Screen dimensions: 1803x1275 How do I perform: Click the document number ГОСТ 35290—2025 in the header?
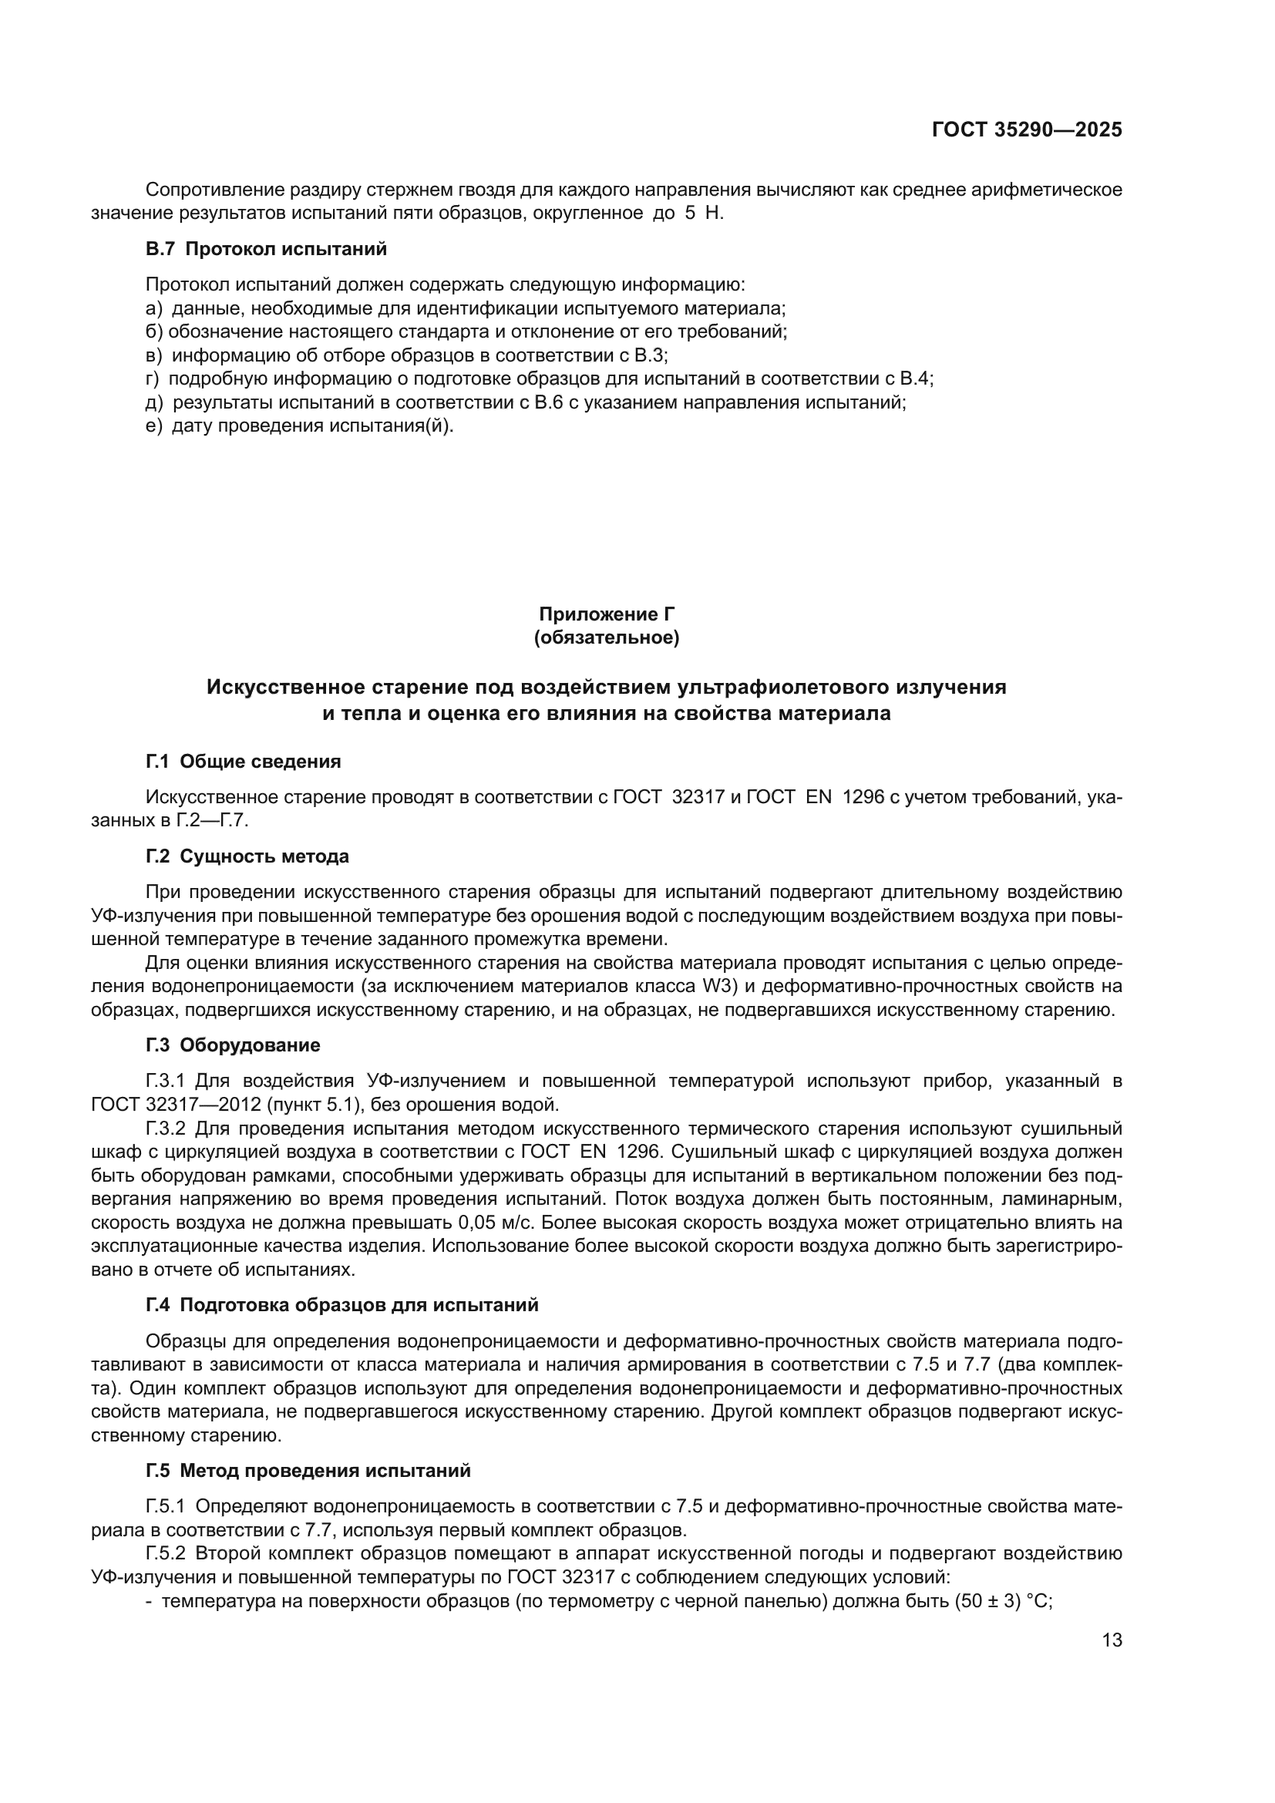(x=1027, y=130)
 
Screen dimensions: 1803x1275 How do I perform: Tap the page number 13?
(x=1112, y=1640)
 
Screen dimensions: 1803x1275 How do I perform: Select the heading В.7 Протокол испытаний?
(x=266, y=249)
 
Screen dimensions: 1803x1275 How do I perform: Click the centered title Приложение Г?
(x=606, y=614)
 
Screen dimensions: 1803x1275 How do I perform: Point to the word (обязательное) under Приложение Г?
(x=606, y=637)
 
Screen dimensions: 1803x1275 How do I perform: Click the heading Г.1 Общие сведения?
(x=244, y=761)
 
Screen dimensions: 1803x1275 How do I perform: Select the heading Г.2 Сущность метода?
(x=247, y=856)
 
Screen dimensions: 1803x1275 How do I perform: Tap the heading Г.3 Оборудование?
(x=233, y=1045)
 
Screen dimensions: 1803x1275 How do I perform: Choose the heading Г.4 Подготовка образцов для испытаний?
(x=342, y=1305)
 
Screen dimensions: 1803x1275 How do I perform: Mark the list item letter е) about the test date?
(x=154, y=426)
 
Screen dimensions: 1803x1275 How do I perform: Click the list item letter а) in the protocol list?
(x=154, y=308)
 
